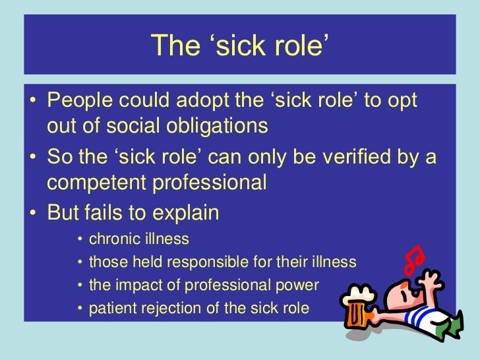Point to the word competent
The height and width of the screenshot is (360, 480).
point(98,183)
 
